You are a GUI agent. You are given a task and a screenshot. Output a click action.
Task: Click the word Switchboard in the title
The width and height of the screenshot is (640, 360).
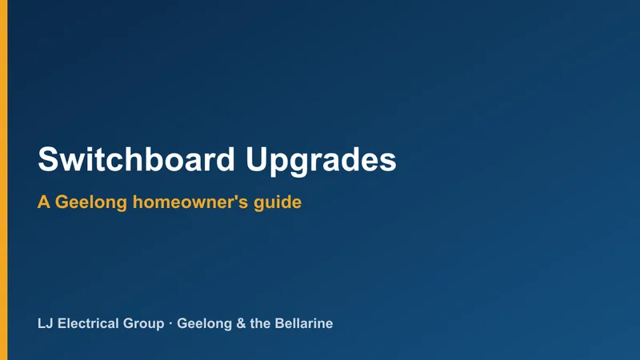(x=136, y=159)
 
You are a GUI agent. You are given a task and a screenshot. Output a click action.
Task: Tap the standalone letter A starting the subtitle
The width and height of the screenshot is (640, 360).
(x=44, y=202)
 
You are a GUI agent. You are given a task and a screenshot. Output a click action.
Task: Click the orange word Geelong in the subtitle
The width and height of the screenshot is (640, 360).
(x=91, y=203)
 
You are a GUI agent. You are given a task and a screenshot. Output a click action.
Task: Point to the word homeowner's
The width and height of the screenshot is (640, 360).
(x=190, y=202)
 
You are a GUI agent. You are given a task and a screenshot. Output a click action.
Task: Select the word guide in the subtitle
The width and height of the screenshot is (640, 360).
(x=278, y=203)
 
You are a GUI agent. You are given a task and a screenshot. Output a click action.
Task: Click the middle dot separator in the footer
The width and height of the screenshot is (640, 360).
(x=170, y=324)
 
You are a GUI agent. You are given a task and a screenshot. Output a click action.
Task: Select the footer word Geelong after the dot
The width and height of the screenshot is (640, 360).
(x=205, y=325)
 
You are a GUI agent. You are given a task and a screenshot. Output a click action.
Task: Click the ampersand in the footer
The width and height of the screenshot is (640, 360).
(x=242, y=324)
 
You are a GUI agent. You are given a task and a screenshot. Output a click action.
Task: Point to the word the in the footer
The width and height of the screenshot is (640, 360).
(x=260, y=324)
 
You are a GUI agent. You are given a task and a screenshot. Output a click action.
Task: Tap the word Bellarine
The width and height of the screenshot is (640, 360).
(x=304, y=324)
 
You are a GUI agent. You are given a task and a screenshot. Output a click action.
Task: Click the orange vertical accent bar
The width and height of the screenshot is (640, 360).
(x=4, y=180)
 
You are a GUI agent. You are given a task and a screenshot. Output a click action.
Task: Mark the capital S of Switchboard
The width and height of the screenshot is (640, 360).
(x=47, y=159)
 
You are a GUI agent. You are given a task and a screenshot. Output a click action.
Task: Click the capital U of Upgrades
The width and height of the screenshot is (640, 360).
(x=256, y=159)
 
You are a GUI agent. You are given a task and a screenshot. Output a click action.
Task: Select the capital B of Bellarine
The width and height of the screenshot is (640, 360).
(x=279, y=324)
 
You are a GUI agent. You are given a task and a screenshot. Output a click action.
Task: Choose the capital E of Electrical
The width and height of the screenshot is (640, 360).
(x=62, y=324)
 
